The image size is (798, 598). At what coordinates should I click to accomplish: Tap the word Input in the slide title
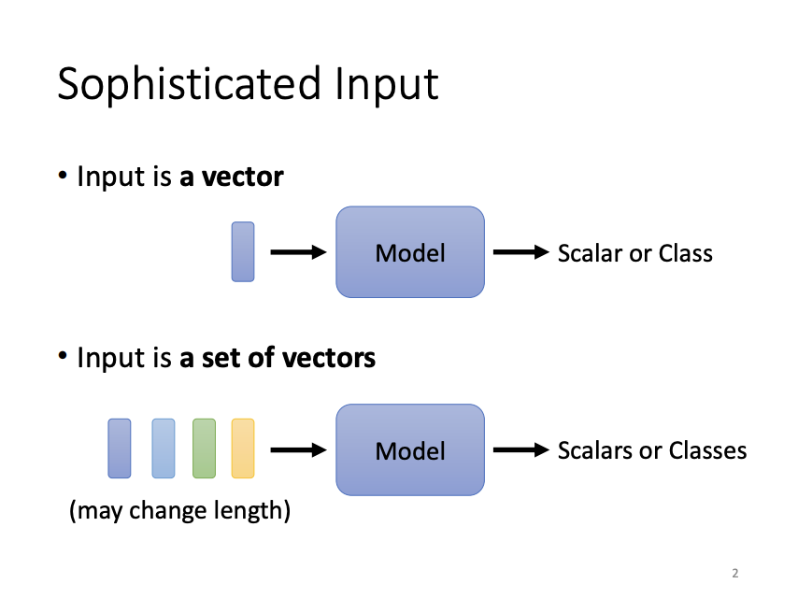pos(385,85)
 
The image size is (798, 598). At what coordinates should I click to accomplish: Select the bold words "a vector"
pos(231,176)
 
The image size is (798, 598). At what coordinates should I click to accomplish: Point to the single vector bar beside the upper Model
pos(243,251)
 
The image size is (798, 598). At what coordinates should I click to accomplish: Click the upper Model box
pos(410,252)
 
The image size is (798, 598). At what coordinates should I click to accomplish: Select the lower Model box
pos(410,450)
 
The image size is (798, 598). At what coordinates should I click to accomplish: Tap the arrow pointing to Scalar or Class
pos(520,252)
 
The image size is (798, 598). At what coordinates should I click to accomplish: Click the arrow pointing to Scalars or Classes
pos(520,450)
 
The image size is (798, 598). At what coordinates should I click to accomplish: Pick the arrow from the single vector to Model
pos(297,252)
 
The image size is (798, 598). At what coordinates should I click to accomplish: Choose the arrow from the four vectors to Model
pos(297,450)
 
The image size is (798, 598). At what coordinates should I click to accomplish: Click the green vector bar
pos(205,448)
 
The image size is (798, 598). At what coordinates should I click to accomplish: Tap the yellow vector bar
pos(243,448)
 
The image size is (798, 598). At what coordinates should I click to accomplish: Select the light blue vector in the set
pos(164,448)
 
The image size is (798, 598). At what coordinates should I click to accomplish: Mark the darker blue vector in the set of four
pos(120,448)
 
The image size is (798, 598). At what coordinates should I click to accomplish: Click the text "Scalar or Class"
pos(634,253)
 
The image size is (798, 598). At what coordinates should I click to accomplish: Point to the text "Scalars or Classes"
pos(651,451)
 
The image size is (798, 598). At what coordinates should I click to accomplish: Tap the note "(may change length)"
pos(179,511)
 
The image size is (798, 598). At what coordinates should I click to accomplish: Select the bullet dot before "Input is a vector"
pos(63,176)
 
